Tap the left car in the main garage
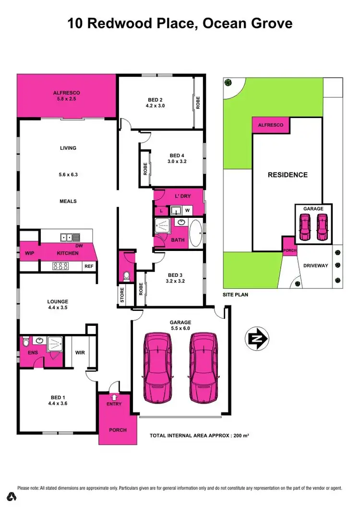click(x=157, y=367)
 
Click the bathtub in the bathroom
click(x=195, y=233)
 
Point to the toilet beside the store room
click(x=126, y=276)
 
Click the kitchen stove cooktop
click(x=61, y=266)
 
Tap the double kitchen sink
click(x=70, y=237)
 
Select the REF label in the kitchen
click(x=89, y=266)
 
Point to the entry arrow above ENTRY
click(x=114, y=397)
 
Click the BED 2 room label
click(x=156, y=99)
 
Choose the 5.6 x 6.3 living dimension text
click(x=68, y=175)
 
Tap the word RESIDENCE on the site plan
click(x=288, y=175)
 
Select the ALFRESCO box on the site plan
click(x=271, y=125)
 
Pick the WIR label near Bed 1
click(x=80, y=353)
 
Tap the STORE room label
click(x=122, y=296)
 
